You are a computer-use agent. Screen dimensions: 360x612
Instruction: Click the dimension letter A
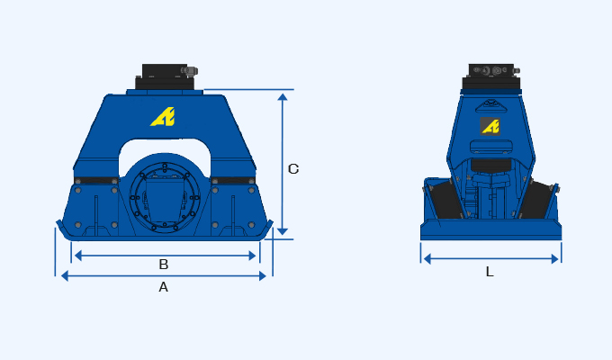(163, 287)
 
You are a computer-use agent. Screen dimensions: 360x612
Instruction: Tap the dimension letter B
(163, 265)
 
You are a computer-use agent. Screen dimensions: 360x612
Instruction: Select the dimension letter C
(293, 168)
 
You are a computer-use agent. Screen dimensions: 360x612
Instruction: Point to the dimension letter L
(490, 271)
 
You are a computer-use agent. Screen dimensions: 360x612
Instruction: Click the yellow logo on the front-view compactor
(163, 116)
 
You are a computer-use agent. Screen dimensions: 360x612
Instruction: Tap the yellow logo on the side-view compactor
(490, 126)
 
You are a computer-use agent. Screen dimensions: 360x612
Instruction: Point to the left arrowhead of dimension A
(64, 276)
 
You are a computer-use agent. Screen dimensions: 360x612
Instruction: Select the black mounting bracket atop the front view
(165, 76)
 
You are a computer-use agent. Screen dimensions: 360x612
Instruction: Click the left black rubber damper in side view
(445, 201)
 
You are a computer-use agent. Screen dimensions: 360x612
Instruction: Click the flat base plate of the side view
(490, 231)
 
